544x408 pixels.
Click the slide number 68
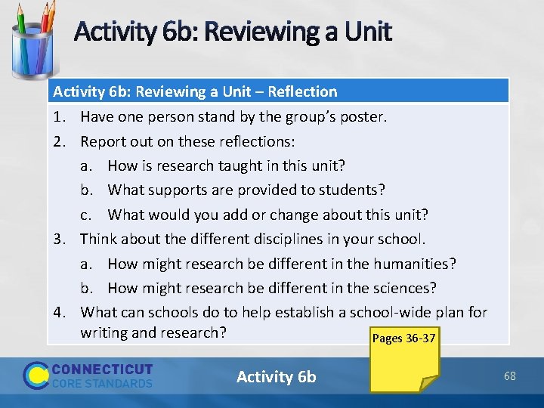(x=510, y=376)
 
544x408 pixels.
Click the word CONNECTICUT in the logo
(x=102, y=369)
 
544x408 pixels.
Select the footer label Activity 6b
(x=277, y=376)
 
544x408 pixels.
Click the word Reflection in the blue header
(x=301, y=91)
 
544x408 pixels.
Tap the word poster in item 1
(x=362, y=117)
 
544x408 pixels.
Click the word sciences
(x=408, y=288)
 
